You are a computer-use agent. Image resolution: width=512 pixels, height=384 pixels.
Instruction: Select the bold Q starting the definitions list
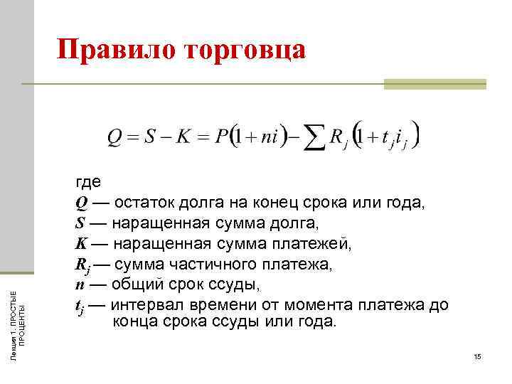pos(81,203)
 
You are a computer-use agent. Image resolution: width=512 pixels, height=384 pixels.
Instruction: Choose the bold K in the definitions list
pos(80,244)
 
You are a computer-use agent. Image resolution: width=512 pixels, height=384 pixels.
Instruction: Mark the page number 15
pos(477,356)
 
